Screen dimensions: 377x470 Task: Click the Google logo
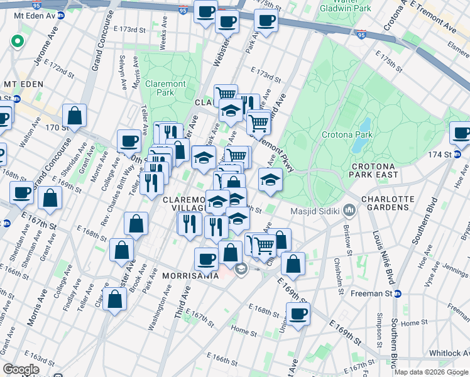[20, 369]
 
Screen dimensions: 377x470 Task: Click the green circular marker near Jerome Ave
[17, 42]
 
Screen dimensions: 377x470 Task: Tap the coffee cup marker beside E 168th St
[298, 313]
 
